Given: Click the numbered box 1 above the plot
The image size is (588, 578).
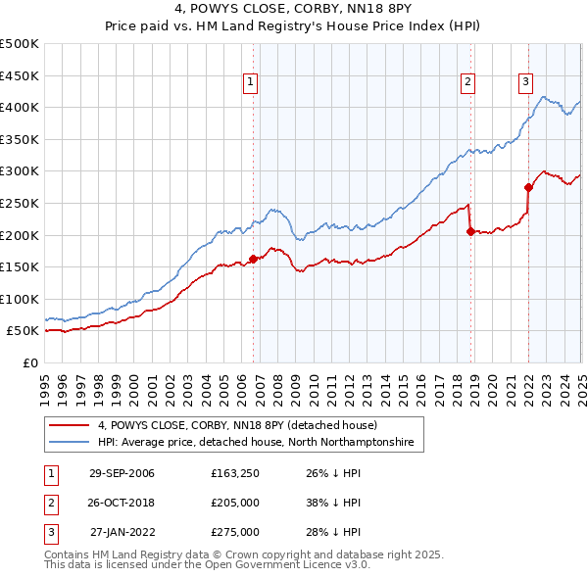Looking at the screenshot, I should point(252,82).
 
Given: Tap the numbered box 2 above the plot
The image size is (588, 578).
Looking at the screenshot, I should point(468,82).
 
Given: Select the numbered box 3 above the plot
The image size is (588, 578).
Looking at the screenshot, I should point(526,82).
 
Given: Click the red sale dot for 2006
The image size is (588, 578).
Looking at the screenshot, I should point(254,259).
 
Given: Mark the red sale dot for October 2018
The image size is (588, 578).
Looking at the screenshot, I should point(470,232).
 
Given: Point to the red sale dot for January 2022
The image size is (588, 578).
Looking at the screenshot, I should point(528,187).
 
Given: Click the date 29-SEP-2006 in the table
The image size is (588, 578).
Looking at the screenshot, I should point(122,474).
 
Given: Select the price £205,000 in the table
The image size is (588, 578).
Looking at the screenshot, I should point(235,504).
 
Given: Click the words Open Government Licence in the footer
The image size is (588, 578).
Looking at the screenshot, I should point(276,565).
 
